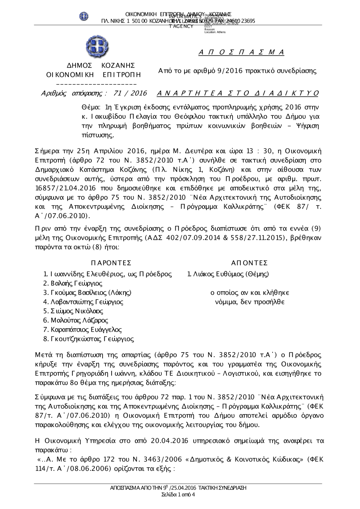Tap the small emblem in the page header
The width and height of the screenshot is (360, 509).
[x=84, y=16]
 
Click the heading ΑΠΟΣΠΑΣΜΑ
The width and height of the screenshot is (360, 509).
[x=242, y=53]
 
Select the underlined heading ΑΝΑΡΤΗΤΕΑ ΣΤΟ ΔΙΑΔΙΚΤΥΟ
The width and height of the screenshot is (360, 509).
[x=238, y=94]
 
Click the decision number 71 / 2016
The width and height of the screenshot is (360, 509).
[x=130, y=94]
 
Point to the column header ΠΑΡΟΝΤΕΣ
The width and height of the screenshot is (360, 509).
[x=111, y=263]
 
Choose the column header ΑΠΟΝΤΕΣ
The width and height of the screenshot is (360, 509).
[x=249, y=263]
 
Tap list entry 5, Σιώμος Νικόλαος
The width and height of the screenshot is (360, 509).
[x=73, y=311]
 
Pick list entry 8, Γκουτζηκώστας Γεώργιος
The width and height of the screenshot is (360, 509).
[x=89, y=339]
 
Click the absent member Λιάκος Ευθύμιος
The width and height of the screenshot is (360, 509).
[x=228, y=274]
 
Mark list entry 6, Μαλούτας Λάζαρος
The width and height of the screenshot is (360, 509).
[x=76, y=320]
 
